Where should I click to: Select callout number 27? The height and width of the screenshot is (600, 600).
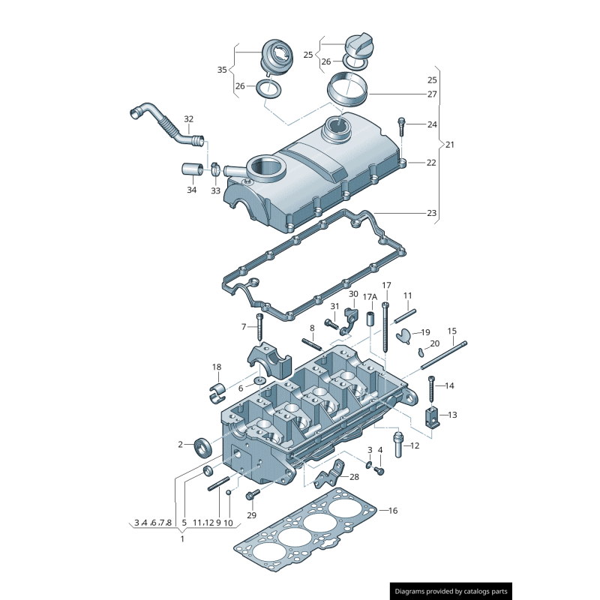click(432, 94)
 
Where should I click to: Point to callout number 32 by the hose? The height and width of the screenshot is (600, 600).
click(188, 119)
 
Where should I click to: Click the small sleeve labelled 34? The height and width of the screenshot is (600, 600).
click(192, 168)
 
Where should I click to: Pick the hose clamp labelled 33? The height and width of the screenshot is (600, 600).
click(214, 169)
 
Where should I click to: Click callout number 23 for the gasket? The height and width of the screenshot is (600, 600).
click(432, 213)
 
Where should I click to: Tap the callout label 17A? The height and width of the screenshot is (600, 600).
click(370, 297)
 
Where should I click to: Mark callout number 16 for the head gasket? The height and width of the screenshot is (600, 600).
click(393, 511)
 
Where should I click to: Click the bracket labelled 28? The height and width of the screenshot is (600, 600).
click(331, 474)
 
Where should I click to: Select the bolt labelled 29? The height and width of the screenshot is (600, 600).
click(252, 495)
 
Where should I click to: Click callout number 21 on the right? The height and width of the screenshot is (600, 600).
click(450, 144)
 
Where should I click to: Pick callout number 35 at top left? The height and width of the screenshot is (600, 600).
click(222, 70)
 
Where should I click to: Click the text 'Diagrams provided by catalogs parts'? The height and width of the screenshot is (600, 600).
click(451, 591)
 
